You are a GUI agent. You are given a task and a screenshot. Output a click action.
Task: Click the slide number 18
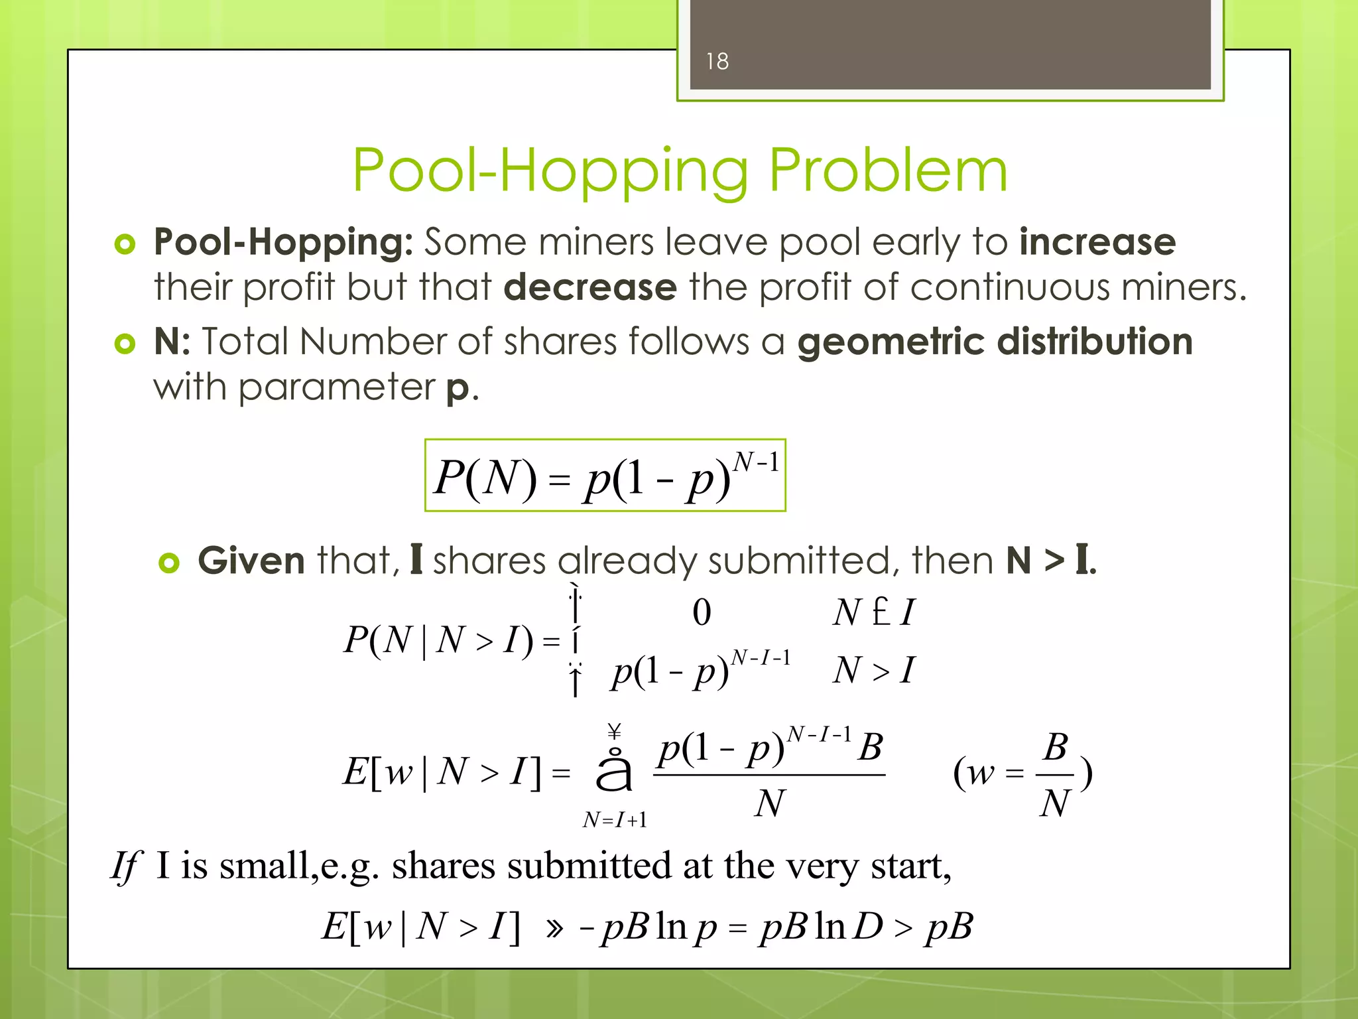[717, 62]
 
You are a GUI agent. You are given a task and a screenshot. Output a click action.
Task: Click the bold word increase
[1097, 241]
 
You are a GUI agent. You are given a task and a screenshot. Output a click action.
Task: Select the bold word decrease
[590, 287]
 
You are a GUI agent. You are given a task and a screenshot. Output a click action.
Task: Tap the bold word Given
[251, 561]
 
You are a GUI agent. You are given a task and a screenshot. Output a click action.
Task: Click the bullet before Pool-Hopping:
[125, 244]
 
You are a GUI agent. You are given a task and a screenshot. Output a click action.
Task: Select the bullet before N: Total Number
[125, 344]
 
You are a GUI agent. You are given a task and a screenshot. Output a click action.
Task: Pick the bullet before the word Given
[169, 563]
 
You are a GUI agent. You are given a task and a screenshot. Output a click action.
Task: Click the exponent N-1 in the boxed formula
[756, 462]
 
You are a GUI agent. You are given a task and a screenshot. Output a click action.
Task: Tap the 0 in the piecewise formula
[702, 612]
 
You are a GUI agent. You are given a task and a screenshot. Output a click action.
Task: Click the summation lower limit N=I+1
[615, 821]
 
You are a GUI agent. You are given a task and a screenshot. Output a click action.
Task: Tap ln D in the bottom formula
[849, 926]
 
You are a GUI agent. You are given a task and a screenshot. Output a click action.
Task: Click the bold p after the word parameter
[458, 388]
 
